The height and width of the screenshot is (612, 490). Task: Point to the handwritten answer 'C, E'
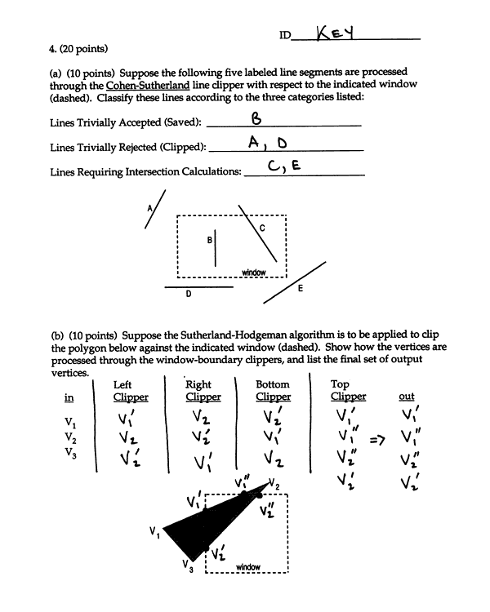pos(285,167)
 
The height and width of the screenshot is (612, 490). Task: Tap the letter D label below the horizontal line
pos(189,295)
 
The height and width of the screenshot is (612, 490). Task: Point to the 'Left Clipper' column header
pos(131,390)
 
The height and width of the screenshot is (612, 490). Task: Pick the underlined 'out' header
pos(406,397)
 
